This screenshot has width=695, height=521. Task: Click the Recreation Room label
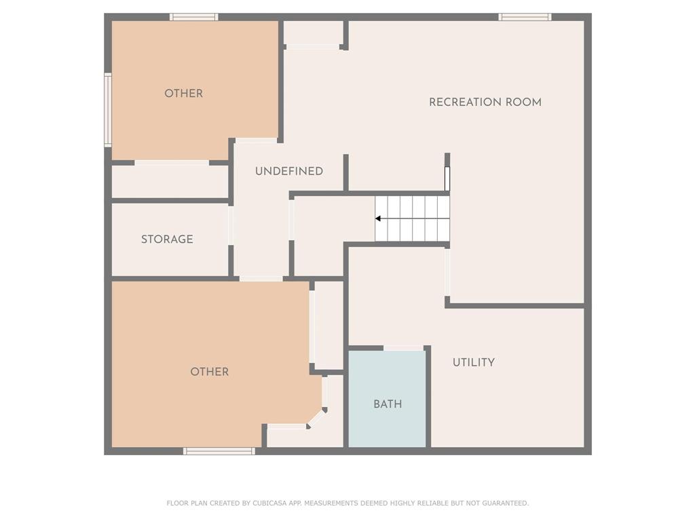[485, 102]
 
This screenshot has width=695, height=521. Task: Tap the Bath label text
[388, 404]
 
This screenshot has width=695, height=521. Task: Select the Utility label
[474, 362]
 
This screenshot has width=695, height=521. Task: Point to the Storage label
[167, 239]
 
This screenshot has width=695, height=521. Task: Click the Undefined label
[289, 171]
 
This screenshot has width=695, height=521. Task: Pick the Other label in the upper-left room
[183, 94]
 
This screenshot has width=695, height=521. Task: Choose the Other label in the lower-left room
[210, 372]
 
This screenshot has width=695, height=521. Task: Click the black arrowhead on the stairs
[377, 218]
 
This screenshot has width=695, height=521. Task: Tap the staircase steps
[412, 218]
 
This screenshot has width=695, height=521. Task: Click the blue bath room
[387, 399]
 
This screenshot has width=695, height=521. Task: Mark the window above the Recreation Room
[525, 17]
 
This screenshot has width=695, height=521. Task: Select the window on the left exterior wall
[108, 110]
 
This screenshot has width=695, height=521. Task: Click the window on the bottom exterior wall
[219, 451]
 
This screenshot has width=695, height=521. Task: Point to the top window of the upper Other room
[193, 17]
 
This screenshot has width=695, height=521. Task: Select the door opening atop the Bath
[403, 348]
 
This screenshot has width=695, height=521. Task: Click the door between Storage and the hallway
[231, 225]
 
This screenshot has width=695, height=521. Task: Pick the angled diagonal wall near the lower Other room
[316, 419]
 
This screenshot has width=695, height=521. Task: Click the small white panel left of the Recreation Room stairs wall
[447, 178]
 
